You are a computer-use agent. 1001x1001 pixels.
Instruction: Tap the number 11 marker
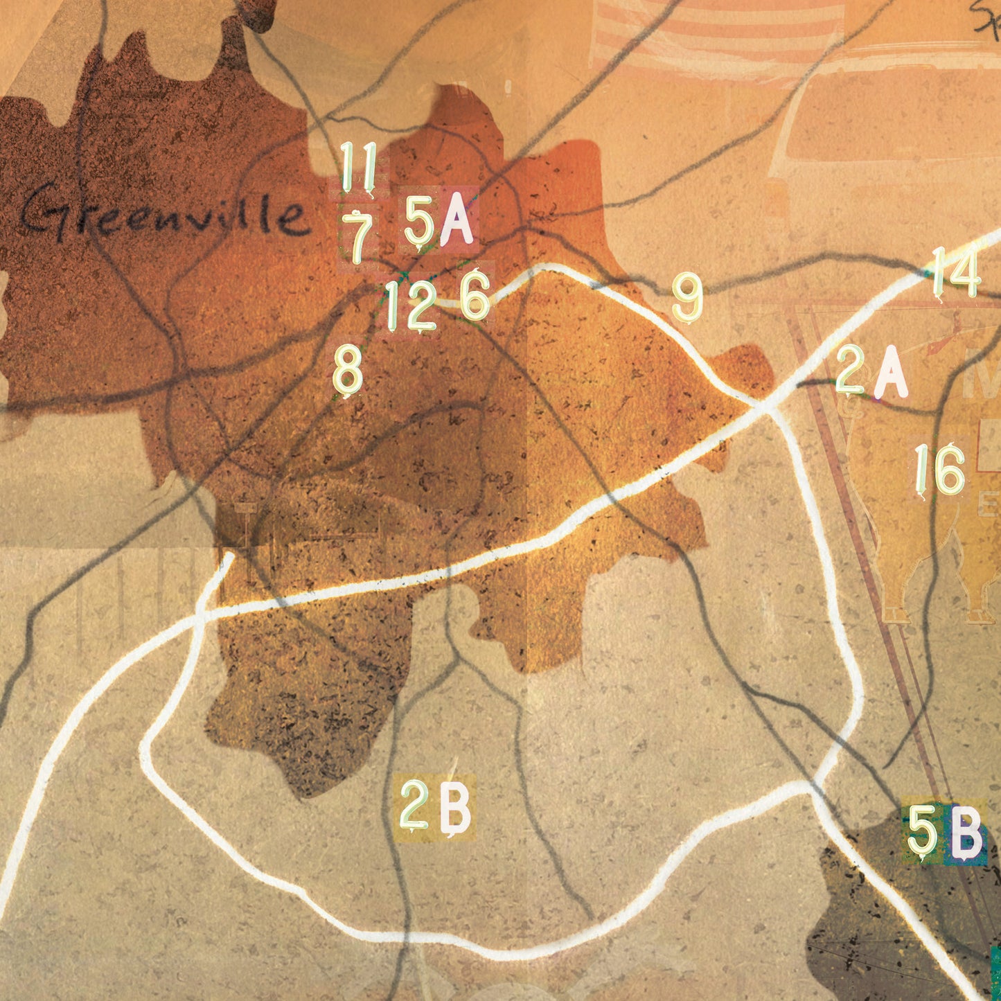coord(359,167)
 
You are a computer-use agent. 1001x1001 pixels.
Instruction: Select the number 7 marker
coord(359,238)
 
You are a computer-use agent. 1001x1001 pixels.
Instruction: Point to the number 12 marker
coord(411,305)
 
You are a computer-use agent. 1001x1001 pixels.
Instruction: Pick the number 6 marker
coord(475,295)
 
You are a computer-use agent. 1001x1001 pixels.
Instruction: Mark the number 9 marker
coord(687,297)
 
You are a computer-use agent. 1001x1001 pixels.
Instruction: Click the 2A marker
coord(871,372)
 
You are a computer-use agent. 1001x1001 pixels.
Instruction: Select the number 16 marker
coord(939,470)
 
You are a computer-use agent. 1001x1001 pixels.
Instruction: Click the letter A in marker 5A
coord(457,220)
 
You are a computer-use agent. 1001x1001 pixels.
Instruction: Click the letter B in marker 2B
coord(455,806)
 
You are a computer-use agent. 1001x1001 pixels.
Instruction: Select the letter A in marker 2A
coord(891,373)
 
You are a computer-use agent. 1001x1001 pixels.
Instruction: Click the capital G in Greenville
coord(43,209)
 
